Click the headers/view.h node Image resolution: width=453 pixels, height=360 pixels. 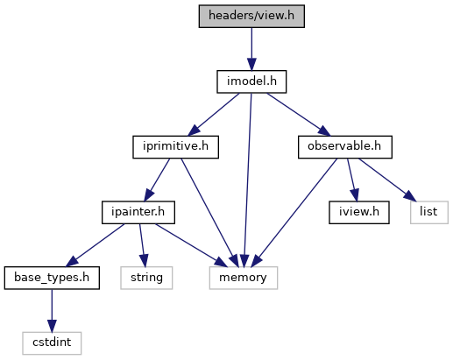pyautogui.click(x=251, y=16)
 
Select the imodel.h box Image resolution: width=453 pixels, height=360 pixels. pyautogui.click(x=251, y=81)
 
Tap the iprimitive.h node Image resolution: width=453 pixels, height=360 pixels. pyautogui.click(x=175, y=147)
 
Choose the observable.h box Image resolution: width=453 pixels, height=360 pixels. pyautogui.click(x=345, y=147)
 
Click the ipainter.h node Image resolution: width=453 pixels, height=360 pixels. pyautogui.click(x=138, y=212)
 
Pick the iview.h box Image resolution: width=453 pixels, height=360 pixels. pyautogui.click(x=359, y=212)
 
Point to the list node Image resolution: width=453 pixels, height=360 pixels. pyautogui.click(x=429, y=212)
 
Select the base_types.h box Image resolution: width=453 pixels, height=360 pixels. pyautogui.click(x=52, y=278)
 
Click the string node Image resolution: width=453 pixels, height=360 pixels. pyautogui.click(x=146, y=278)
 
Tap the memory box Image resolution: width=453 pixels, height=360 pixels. pyautogui.click(x=244, y=278)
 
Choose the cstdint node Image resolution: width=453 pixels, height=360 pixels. pyautogui.click(x=52, y=343)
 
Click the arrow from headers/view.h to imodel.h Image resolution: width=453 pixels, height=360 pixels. pyautogui.click(x=251, y=49)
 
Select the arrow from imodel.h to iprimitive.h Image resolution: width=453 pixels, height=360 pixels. pyautogui.click(x=214, y=115)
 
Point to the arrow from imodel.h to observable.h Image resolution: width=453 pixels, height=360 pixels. pyautogui.click(x=299, y=115)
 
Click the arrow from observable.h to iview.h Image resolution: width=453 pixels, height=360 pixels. pyautogui.click(x=352, y=180)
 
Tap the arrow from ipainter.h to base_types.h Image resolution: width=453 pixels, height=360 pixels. pyautogui.click(x=95, y=245)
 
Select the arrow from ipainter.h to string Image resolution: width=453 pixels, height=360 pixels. pyautogui.click(x=142, y=245)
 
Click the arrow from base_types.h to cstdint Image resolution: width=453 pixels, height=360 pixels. pyautogui.click(x=52, y=311)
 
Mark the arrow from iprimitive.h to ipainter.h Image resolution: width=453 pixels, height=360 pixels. pyautogui.click(x=157, y=180)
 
